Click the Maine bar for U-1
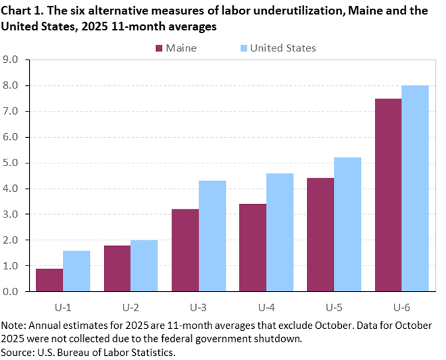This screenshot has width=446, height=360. [49, 280]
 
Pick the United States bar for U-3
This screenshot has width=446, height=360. [212, 236]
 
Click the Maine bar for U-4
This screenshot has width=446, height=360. [253, 247]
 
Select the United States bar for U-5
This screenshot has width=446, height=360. [347, 224]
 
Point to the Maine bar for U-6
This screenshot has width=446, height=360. [388, 195]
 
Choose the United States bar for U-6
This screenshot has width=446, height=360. [415, 188]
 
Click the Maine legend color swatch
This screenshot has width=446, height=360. [159, 48]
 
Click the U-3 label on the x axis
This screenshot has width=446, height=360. [198, 307]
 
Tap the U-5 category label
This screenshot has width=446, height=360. [333, 307]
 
